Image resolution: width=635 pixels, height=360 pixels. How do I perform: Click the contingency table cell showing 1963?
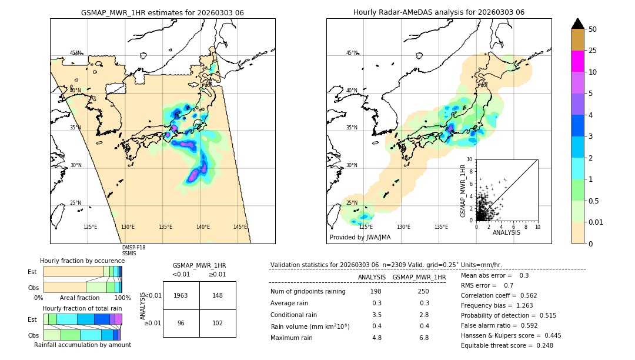click(181, 295)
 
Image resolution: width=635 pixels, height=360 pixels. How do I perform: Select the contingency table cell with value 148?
click(218, 295)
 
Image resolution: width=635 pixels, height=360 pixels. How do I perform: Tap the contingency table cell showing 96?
click(181, 323)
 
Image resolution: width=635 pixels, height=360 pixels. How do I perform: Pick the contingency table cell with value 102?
click(218, 323)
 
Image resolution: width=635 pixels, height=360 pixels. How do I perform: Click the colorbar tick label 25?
click(593, 51)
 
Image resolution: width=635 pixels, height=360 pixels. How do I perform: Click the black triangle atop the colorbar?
click(578, 24)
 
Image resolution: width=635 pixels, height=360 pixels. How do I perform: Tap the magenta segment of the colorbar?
click(578, 61)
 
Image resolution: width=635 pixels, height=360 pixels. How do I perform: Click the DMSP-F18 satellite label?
click(133, 248)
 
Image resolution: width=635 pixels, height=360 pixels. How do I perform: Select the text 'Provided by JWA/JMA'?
click(360, 238)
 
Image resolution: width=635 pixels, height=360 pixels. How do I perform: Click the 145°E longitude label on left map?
click(240, 227)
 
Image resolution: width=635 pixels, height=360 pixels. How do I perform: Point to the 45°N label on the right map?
click(352, 53)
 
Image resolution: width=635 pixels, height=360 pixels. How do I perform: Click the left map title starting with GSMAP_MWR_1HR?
click(162, 12)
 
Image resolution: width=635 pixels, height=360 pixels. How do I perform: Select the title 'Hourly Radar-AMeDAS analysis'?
click(439, 12)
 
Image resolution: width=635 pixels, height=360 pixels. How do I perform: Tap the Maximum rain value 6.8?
click(425, 338)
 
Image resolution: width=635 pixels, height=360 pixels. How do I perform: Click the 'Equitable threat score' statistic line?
click(506, 345)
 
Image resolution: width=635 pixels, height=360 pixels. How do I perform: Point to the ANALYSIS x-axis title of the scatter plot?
click(506, 232)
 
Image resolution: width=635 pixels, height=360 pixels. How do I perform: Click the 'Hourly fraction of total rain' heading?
click(82, 308)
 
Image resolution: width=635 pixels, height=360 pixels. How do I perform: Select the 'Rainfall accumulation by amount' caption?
click(82, 345)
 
